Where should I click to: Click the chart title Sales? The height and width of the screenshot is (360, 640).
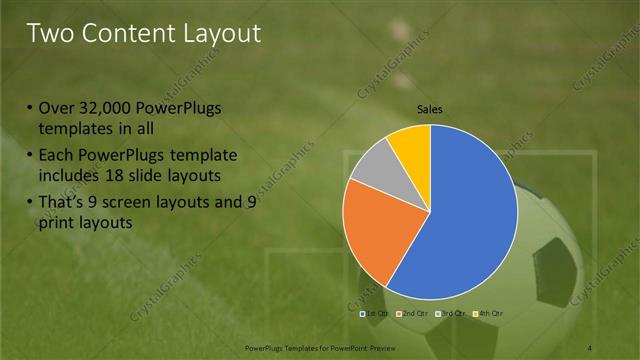pyautogui.click(x=430, y=110)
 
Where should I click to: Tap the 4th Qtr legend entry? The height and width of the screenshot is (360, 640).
pyautogui.click(x=488, y=314)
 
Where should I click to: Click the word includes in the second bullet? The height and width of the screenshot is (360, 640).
pyautogui.click(x=68, y=175)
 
